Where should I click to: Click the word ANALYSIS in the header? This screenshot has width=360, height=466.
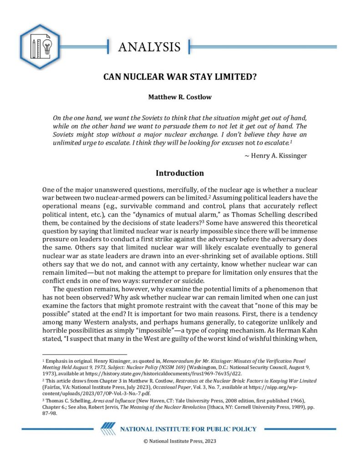[x=149, y=47]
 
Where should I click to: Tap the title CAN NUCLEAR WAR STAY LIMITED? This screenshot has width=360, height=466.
[x=180, y=76]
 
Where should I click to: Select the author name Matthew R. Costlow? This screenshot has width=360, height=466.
[x=180, y=97]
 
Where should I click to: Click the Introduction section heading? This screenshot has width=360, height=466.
[x=180, y=173]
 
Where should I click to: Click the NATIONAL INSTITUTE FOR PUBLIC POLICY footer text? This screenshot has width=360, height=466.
[x=188, y=429]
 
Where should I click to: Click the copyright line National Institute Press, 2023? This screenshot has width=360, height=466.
[x=180, y=441]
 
